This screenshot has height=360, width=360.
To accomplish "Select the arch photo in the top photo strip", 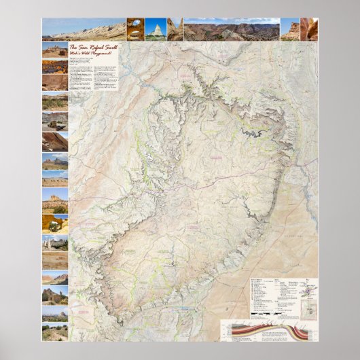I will (135, 29).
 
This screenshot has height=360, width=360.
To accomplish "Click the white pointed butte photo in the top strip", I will (156, 29).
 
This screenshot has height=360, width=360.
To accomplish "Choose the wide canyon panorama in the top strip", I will (231, 30).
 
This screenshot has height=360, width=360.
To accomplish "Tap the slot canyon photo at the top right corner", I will (309, 29).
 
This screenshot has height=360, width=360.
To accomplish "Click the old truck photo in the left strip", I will (55, 122).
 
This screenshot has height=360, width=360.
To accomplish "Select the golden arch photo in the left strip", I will (55, 225).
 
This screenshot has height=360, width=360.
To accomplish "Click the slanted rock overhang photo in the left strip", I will (55, 142).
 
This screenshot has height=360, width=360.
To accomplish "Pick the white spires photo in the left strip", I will (55, 313).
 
